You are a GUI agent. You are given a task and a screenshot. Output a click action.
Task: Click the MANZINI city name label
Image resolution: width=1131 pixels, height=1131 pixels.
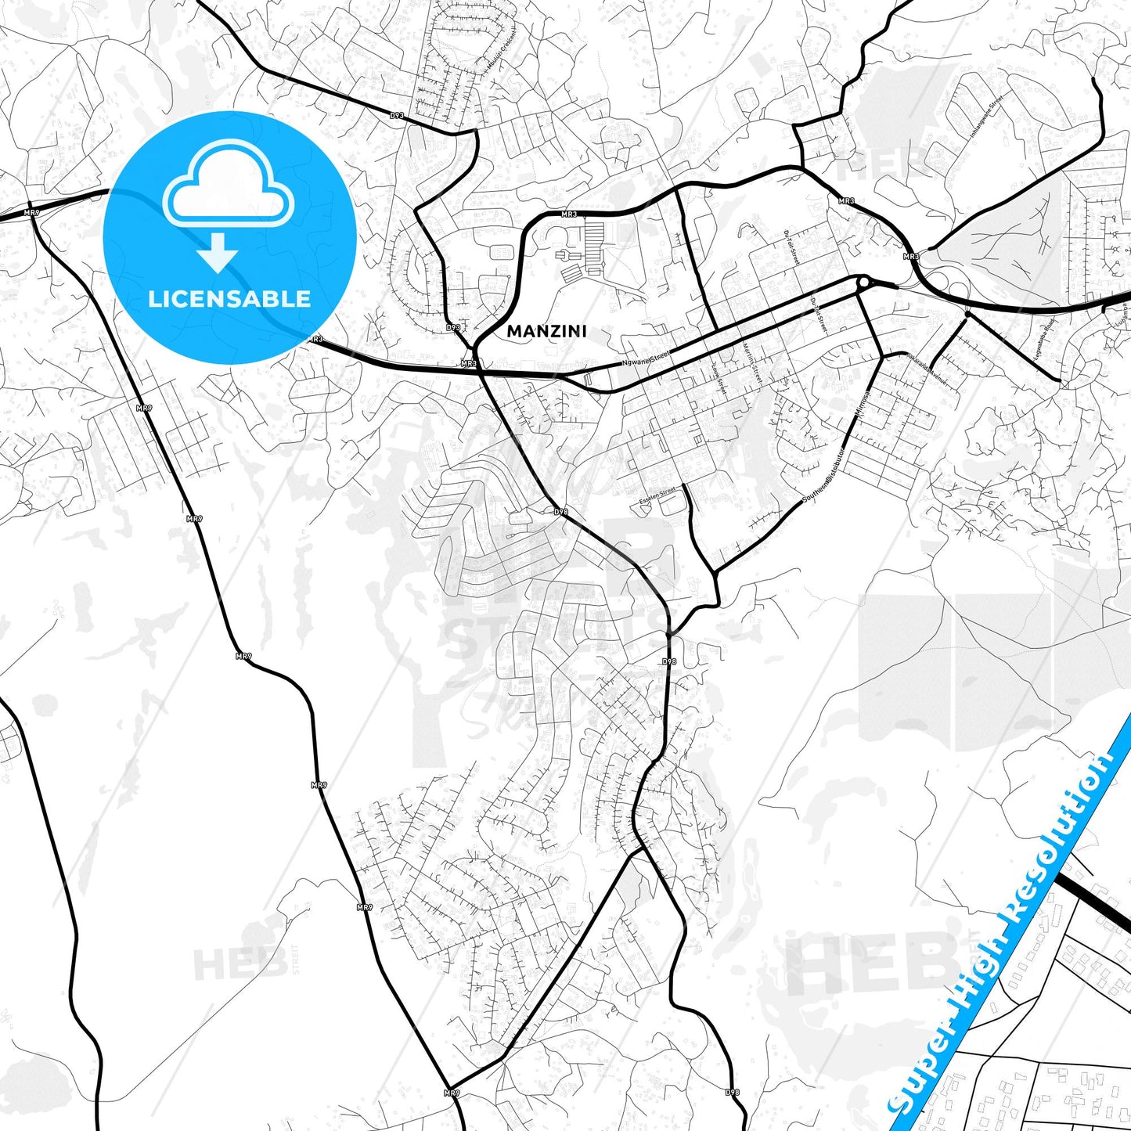pos(546,331)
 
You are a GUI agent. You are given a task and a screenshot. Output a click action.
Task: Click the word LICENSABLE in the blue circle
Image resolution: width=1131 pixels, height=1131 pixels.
pos(229,299)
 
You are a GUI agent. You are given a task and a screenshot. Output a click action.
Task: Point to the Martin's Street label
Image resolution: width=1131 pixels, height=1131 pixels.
pos(752,362)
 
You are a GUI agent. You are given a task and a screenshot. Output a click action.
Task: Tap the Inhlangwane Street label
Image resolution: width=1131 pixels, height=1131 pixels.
pos(987,117)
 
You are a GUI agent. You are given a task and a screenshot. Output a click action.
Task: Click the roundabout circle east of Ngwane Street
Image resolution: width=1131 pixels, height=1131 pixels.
pos(863,283)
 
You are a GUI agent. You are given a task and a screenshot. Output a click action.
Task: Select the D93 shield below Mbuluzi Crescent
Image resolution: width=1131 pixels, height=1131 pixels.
pos(398,116)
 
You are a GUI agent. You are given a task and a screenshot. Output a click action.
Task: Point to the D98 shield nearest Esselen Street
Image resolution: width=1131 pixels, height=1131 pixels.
pos(560,512)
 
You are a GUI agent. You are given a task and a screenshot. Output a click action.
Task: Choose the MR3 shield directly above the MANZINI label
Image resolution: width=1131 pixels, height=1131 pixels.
pos(569,214)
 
